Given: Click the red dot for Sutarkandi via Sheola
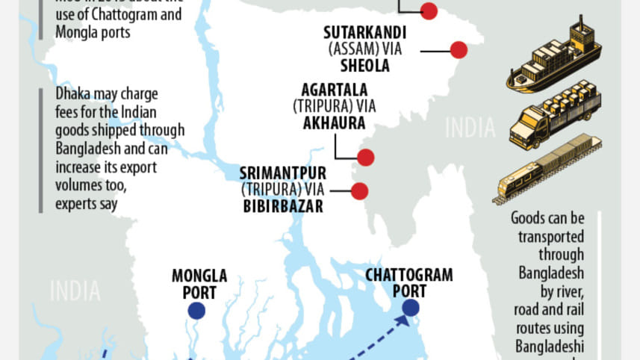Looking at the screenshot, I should click(459, 50).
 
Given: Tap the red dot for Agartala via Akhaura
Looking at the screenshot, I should click(365, 158).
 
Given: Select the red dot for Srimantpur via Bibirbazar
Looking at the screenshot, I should click(360, 190).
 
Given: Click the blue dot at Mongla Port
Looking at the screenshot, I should click(196, 311).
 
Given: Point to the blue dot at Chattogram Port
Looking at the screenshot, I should click(410, 308).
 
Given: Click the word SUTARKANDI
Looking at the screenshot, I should click(365, 34).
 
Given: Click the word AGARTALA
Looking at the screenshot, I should click(335, 90).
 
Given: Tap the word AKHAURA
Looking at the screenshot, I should click(335, 122).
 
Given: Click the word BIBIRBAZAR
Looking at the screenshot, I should click(283, 206).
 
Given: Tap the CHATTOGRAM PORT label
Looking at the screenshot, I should click(409, 283).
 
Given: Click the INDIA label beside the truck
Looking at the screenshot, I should click(470, 128).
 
